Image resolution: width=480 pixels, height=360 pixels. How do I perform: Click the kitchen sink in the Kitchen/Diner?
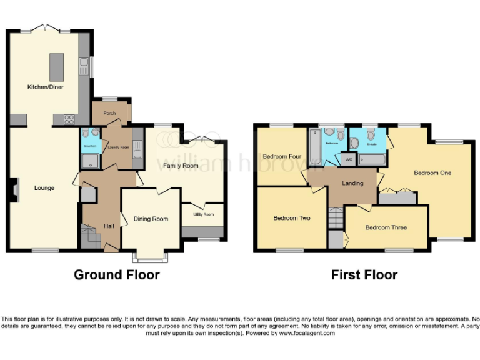click(83, 64)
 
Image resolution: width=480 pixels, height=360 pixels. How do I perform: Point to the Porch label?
click(110, 113)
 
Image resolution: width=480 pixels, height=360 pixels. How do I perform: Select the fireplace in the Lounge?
click(15, 189)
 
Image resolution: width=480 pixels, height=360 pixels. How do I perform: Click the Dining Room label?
click(151, 219)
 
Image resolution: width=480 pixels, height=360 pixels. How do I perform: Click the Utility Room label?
click(203, 214)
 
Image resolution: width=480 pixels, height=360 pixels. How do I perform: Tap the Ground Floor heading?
click(117, 275)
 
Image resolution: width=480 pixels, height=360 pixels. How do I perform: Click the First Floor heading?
click(364, 275)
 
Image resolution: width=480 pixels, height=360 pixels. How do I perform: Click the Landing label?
click(352, 183)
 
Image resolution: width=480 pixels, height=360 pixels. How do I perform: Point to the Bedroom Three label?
click(386, 227)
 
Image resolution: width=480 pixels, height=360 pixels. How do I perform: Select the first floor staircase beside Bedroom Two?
click(336, 218)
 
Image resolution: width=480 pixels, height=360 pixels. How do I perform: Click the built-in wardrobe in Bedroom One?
click(397, 198)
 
